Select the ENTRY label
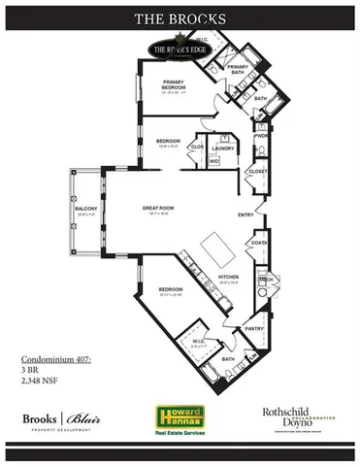[x=246, y=215]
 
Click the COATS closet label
[x=257, y=244]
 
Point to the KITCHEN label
[x=227, y=278]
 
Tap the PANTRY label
[x=255, y=329]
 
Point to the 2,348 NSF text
[x=40, y=381]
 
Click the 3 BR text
[x=30, y=370]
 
